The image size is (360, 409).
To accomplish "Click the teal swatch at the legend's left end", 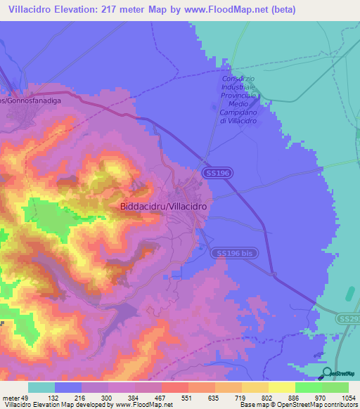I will pyautogui.click(x=41, y=387).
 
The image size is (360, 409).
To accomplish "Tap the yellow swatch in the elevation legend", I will pyautogui.click(x=281, y=387).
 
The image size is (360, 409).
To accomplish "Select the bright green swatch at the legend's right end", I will pyautogui.click(x=335, y=387).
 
